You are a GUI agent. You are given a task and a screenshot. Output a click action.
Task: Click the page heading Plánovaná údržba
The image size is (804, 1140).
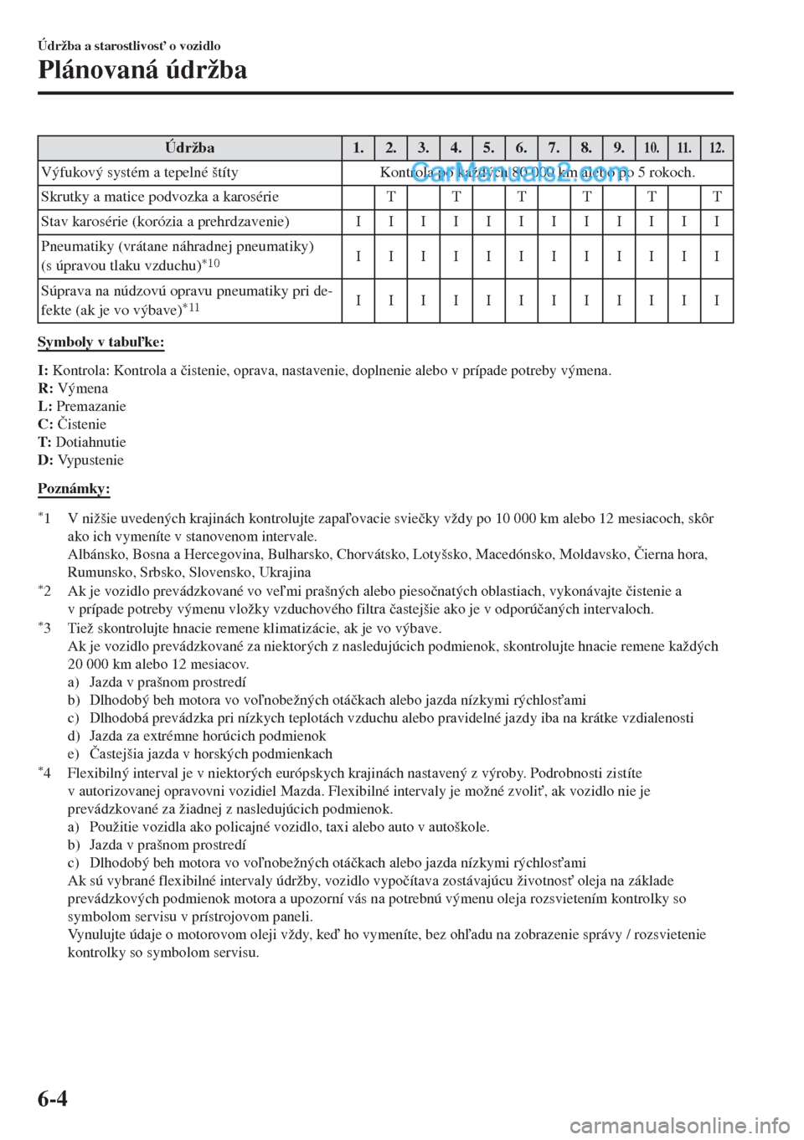click(x=142, y=71)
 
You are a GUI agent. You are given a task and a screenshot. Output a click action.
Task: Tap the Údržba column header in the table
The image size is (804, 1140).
click(x=189, y=148)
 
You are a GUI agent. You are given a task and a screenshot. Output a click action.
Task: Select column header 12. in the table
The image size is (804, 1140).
click(x=716, y=148)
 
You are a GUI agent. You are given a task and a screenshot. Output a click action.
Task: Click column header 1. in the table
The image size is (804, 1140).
click(x=358, y=148)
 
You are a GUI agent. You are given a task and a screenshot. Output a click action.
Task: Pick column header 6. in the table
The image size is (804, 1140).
click(x=521, y=148)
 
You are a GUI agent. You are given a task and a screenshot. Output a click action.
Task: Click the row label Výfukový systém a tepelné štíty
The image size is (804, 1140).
click(x=140, y=173)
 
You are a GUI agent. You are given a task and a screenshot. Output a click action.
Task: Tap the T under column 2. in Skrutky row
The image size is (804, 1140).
click(x=390, y=198)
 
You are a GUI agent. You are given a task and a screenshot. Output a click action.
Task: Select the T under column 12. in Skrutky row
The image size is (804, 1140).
click(x=716, y=198)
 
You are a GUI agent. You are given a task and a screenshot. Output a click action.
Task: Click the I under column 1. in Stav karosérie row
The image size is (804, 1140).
click(x=358, y=223)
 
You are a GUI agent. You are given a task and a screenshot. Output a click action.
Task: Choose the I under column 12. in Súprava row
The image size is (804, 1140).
click(x=716, y=300)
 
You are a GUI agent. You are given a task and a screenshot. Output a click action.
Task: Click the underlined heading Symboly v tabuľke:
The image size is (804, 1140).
click(x=101, y=343)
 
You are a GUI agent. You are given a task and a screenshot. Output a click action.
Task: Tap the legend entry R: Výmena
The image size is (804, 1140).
click(x=73, y=388)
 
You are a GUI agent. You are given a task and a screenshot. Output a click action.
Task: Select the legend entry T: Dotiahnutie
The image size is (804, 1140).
click(x=82, y=442)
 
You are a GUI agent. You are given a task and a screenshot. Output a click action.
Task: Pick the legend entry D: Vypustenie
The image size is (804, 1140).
click(x=81, y=460)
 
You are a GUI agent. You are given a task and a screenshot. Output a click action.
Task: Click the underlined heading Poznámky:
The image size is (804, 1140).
click(x=75, y=488)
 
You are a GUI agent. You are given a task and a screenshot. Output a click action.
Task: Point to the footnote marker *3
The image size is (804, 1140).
click(x=46, y=627)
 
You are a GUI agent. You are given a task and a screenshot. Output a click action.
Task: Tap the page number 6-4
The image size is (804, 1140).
click(x=53, y=1119)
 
